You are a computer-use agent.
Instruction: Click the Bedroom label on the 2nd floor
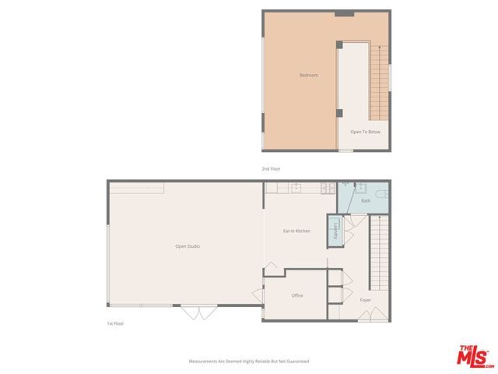[309, 75]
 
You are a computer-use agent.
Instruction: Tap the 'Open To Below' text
[365, 132]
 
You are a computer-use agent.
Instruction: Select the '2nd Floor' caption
[271, 169]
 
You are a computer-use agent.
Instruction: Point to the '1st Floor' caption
[115, 323]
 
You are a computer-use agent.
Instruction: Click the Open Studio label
[188, 246]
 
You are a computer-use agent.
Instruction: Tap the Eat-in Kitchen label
[296, 231]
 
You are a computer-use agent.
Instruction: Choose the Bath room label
[366, 201]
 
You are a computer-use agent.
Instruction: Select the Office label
[297, 295]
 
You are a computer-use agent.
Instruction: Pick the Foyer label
[366, 300]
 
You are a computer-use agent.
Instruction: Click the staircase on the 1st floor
[380, 253]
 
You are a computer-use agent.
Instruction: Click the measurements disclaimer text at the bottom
[249, 362]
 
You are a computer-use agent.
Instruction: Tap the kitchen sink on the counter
[296, 187]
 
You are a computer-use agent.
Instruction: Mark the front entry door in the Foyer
[377, 315]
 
